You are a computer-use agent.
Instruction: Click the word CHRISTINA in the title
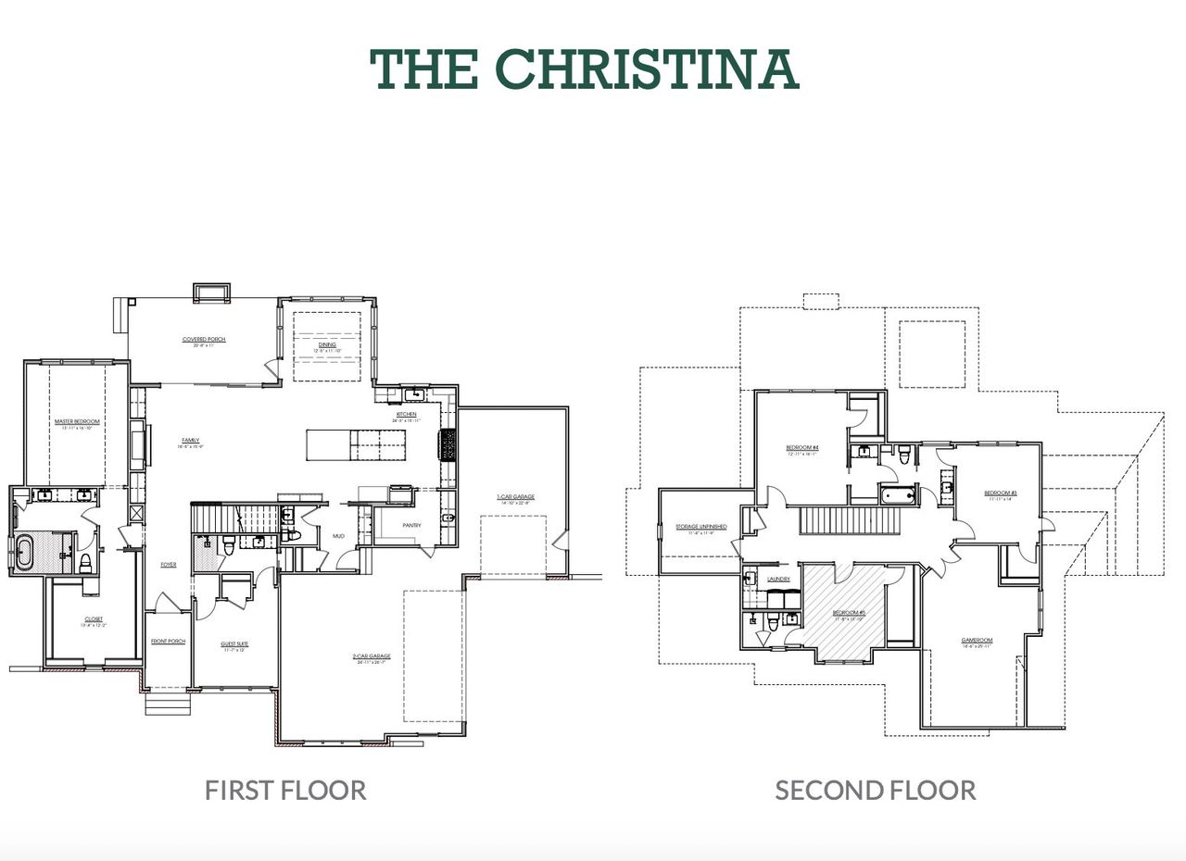tap(647, 69)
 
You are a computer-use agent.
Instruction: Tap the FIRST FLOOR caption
tap(285, 790)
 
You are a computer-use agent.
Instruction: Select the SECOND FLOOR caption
tap(875, 790)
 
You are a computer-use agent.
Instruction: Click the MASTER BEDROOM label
tap(78, 421)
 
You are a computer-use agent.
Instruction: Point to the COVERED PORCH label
tap(204, 340)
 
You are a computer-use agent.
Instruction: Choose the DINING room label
tap(327, 344)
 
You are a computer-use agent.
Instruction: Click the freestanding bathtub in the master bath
tap(24, 552)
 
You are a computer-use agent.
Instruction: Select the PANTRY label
tap(412, 525)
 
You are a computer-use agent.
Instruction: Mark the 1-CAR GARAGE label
tap(514, 497)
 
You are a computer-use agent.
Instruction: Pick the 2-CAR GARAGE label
tap(371, 655)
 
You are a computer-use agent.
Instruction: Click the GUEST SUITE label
tap(234, 643)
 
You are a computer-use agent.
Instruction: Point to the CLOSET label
tap(94, 618)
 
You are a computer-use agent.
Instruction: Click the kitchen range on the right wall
tap(449, 446)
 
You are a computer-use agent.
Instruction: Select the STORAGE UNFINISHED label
tap(700, 527)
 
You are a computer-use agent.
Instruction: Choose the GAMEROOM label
tap(977, 640)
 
